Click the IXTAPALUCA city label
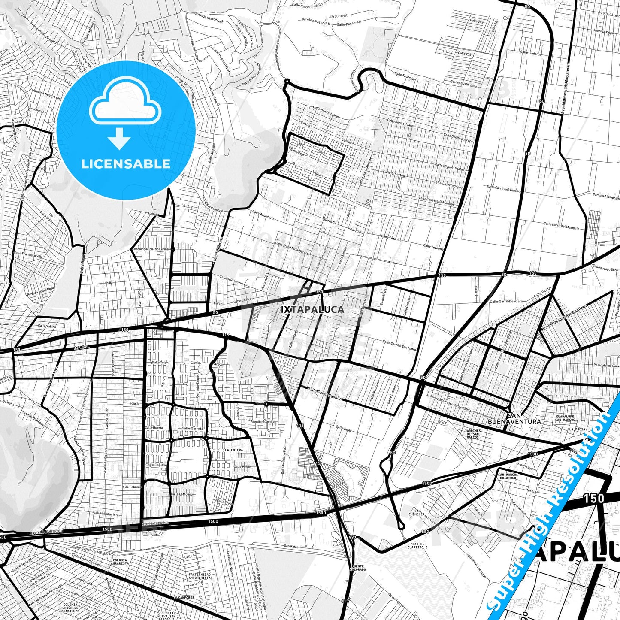[312, 309]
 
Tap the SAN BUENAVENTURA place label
[514, 419]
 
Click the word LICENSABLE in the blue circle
[126, 164]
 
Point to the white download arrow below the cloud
[119, 138]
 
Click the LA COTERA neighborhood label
[234, 450]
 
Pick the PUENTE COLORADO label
[358, 568]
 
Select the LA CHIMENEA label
[417, 512]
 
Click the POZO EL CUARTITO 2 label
[417, 546]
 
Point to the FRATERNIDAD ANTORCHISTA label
[200, 576]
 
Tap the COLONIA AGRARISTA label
[120, 562]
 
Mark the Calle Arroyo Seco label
[605, 268]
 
